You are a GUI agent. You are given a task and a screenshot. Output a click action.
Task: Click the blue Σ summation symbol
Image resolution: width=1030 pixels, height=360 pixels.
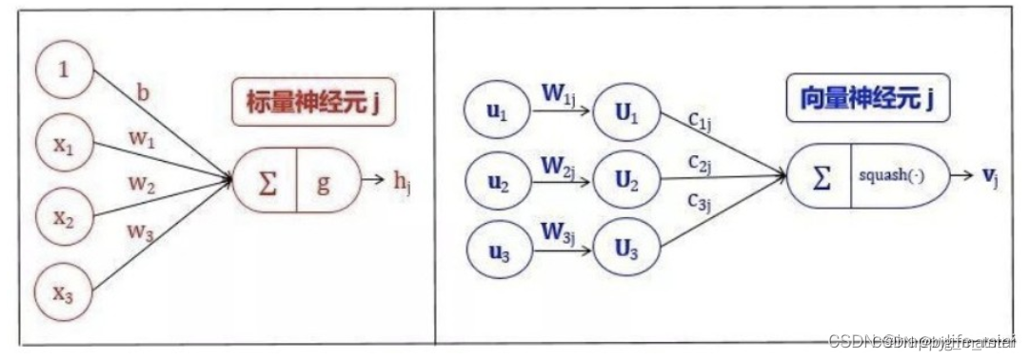pos(821,176)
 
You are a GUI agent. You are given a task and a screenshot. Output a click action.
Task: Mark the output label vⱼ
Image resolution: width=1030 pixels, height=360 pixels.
pos(990,176)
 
